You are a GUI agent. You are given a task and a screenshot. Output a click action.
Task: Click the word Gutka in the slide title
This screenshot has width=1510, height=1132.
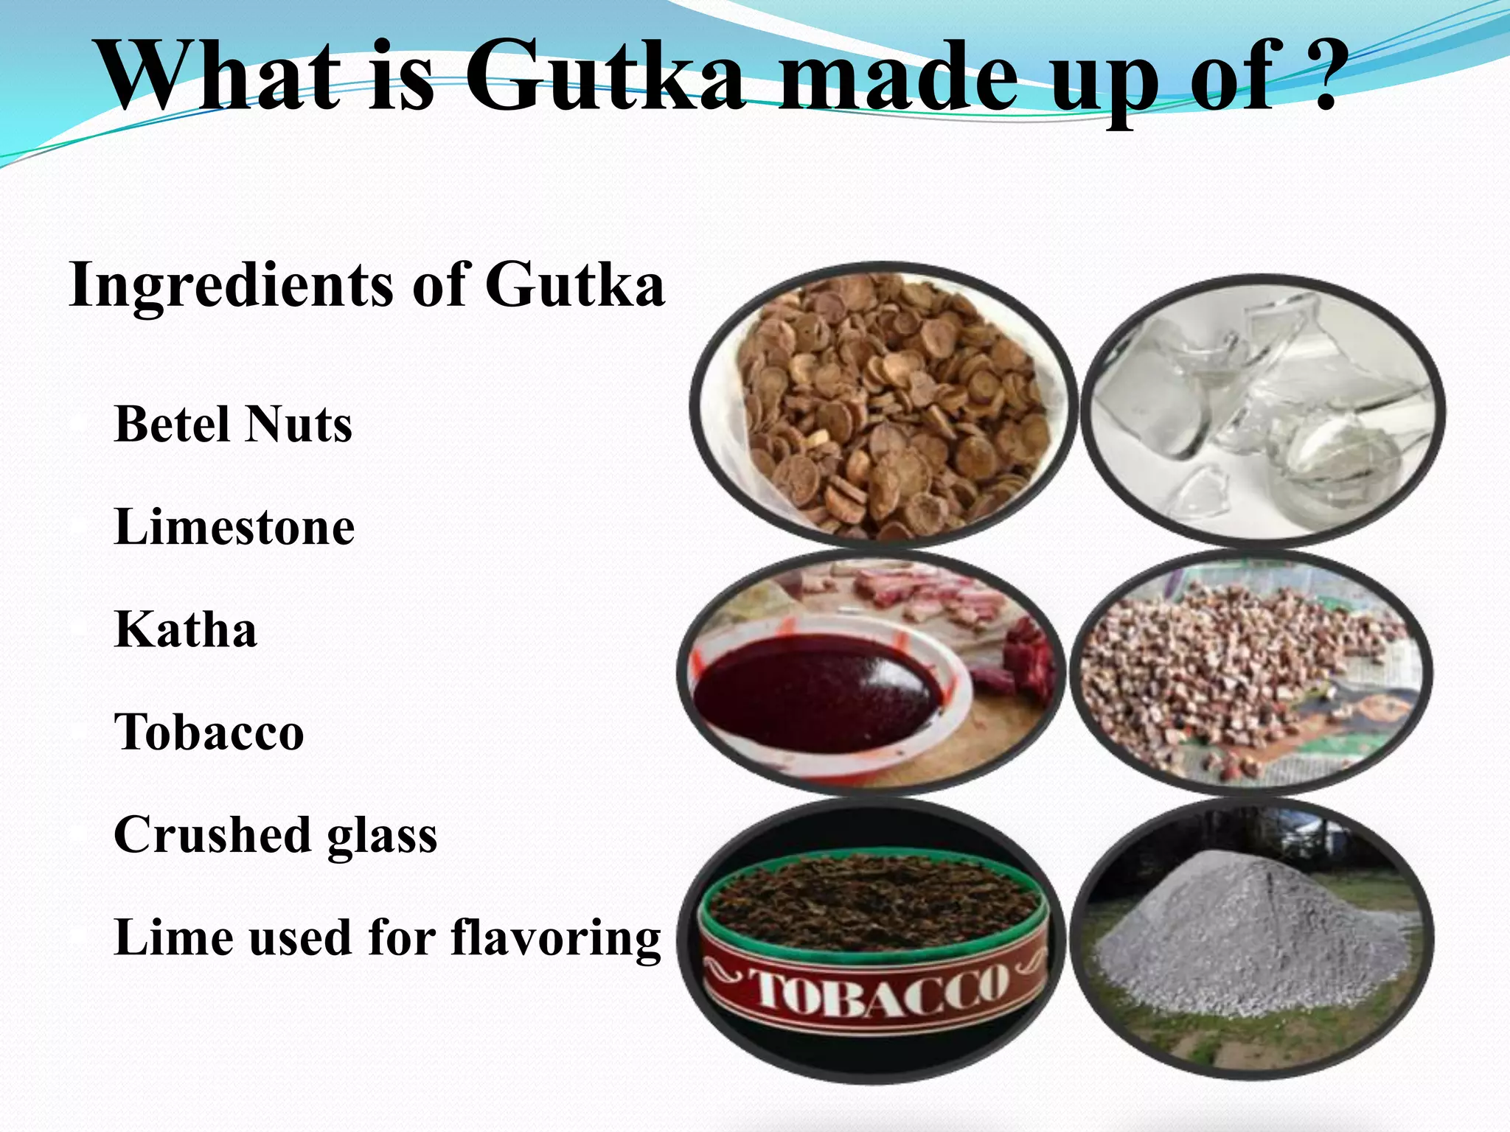(x=605, y=74)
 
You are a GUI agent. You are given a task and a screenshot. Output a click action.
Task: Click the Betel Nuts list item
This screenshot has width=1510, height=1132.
(x=233, y=424)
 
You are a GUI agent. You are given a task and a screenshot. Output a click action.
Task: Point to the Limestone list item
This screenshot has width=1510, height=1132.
(x=234, y=528)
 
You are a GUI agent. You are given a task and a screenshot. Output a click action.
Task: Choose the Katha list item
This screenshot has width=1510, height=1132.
(x=186, y=630)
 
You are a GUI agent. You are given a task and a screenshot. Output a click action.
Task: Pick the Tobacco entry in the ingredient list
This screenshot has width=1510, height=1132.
(x=209, y=733)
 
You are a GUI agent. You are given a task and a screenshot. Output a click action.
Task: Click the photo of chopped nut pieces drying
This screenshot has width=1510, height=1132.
(x=1250, y=674)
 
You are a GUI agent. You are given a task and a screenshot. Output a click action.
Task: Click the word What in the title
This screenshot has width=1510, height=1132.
(x=221, y=74)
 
